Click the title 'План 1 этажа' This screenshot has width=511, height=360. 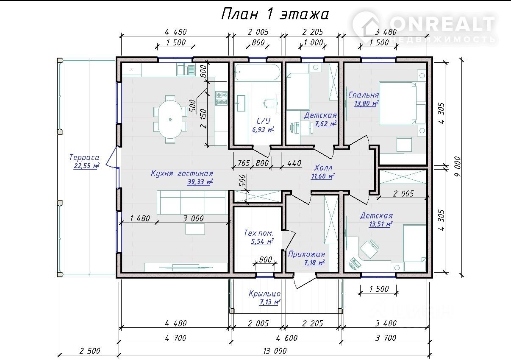[x=275, y=14]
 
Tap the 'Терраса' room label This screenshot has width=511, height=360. [x=84, y=157]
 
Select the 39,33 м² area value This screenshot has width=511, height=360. [x=200, y=182]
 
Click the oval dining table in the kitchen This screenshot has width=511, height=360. [x=170, y=119]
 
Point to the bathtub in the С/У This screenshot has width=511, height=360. [x=257, y=72]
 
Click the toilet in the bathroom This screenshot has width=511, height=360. [x=270, y=103]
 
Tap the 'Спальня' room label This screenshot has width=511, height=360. [x=364, y=95]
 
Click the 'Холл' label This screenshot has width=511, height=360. [x=323, y=168]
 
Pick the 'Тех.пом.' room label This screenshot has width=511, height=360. [x=258, y=233]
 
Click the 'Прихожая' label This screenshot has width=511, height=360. [x=307, y=254]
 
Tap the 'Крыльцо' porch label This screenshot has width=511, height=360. [x=265, y=293]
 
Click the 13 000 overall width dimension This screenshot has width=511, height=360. [x=275, y=351]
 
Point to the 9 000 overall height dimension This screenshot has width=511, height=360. [x=458, y=166]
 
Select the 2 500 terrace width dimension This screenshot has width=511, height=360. [x=90, y=351]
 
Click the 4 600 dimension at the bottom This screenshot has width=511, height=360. [x=287, y=338]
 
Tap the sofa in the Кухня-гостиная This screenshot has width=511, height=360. [x=193, y=202]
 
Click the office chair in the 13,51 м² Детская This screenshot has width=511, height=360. [x=369, y=248]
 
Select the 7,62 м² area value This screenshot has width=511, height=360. [x=325, y=124]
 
